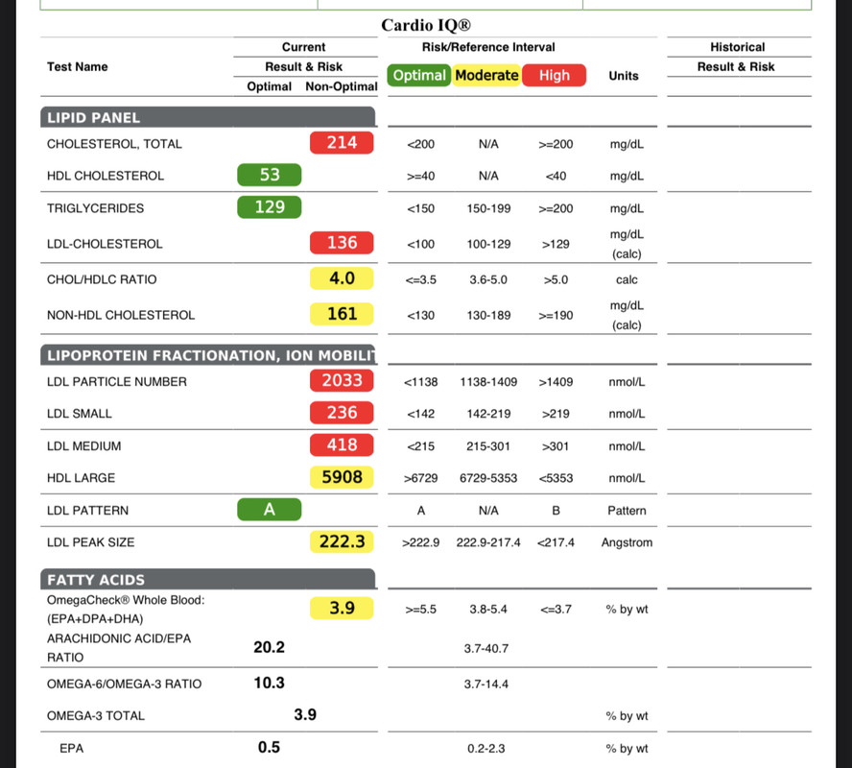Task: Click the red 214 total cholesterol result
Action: (342, 143)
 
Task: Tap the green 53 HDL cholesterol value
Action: (269, 175)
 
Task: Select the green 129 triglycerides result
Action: (269, 207)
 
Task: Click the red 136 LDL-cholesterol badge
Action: (342, 243)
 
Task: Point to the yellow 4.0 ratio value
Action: (342, 278)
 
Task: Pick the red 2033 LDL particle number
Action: (342, 380)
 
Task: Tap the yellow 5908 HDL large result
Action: (342, 477)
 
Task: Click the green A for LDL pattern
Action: (269, 510)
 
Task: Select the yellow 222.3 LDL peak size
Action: (342, 541)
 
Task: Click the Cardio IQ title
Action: (426, 25)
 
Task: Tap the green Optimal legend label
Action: (419, 75)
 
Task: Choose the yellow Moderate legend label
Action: (486, 75)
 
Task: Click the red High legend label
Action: (555, 75)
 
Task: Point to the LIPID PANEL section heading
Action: (93, 118)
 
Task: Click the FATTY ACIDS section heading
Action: (96, 580)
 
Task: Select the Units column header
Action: (624, 76)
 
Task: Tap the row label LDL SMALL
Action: (80, 414)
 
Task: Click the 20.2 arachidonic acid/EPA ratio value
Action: (269, 647)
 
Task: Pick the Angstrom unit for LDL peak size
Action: (627, 542)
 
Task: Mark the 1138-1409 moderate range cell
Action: (488, 382)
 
